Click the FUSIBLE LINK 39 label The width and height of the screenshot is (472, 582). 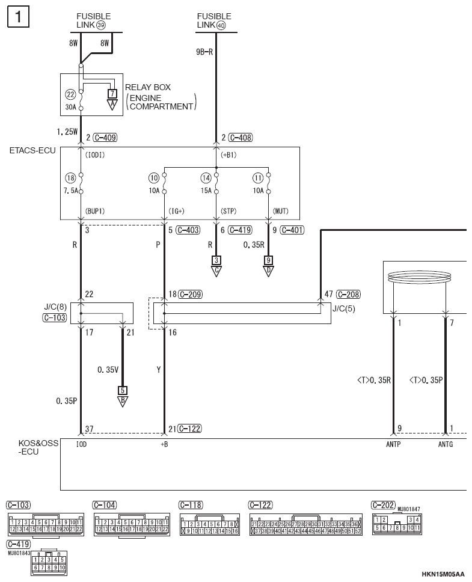click(94, 20)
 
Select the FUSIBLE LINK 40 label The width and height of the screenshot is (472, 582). click(214, 20)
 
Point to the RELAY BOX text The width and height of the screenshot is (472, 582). click(148, 88)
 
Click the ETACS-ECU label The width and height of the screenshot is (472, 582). click(32, 150)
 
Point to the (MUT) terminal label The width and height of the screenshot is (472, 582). click(281, 212)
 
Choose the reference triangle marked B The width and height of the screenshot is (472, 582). click(123, 401)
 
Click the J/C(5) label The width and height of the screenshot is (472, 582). click(345, 310)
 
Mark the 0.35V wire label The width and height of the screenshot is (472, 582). click(108, 370)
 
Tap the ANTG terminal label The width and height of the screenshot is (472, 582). click(446, 444)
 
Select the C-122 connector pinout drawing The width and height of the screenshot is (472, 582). click(305, 525)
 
